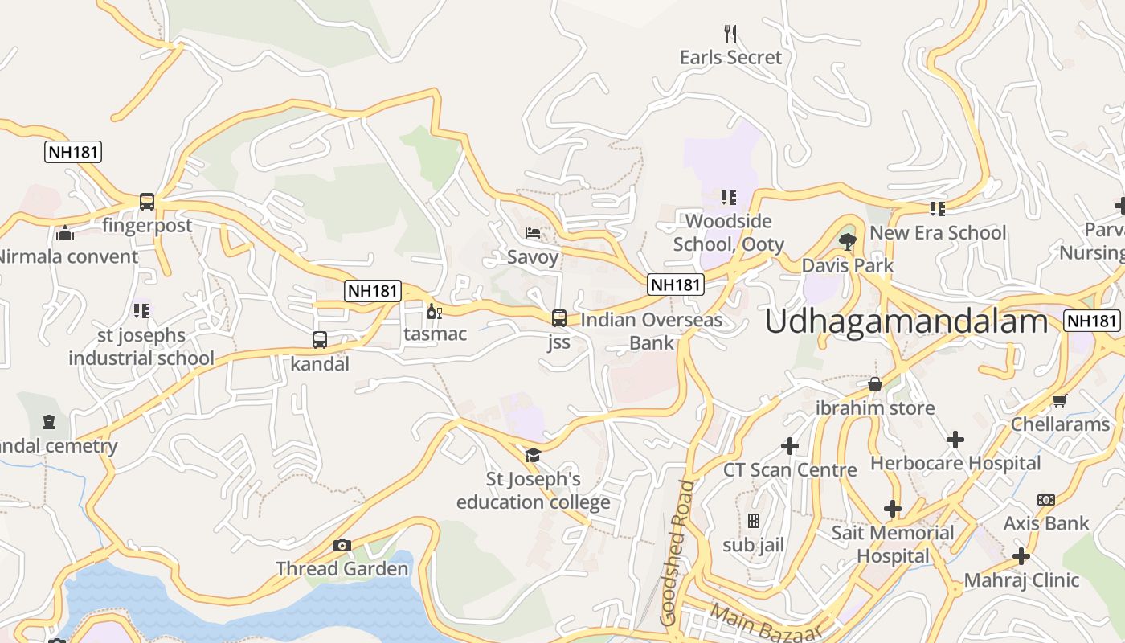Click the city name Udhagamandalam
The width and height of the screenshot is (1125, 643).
(x=906, y=321)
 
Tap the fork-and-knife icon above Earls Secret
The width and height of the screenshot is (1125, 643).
(x=730, y=34)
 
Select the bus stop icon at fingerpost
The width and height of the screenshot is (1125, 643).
(x=147, y=202)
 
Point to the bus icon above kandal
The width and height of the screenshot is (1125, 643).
(x=320, y=340)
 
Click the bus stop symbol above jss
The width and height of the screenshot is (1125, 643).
(x=559, y=318)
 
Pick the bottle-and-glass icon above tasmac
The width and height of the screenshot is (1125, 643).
(x=435, y=312)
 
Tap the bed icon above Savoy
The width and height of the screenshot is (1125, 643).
(x=533, y=233)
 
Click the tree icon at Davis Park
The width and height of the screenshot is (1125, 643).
(x=847, y=241)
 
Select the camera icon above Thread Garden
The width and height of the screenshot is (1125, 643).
(x=342, y=546)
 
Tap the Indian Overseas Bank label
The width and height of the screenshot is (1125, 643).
(x=651, y=331)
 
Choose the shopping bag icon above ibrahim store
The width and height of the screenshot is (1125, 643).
(x=875, y=384)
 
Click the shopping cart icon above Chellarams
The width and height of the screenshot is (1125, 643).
(x=1059, y=400)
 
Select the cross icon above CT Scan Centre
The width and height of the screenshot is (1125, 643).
(x=790, y=445)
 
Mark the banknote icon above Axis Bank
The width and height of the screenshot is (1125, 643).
(x=1046, y=500)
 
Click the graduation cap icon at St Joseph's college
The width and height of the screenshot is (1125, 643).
(x=533, y=456)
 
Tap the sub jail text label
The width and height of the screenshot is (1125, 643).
(x=753, y=545)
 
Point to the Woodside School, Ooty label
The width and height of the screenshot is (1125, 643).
(x=728, y=232)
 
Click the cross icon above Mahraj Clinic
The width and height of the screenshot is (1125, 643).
(x=1021, y=556)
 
